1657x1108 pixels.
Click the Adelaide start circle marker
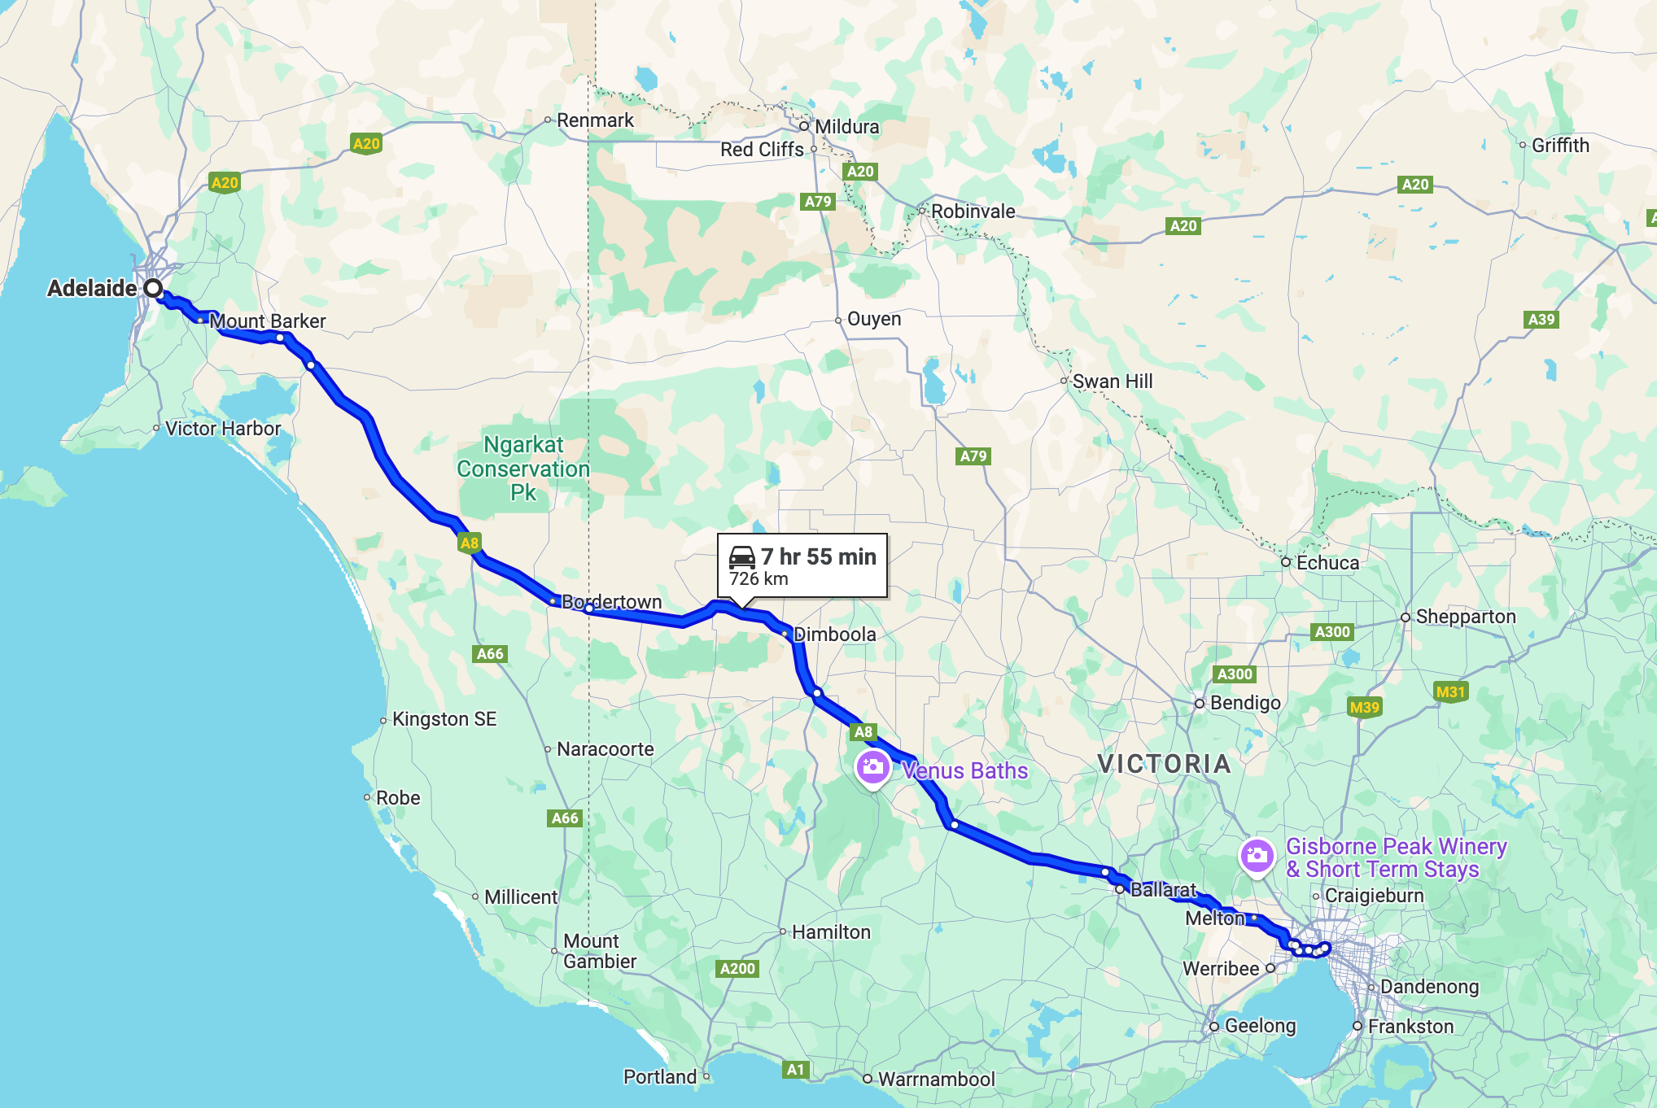pyautogui.click(x=153, y=289)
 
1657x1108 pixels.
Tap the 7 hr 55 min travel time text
pyautogui.click(x=818, y=556)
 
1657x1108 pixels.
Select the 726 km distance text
pyautogui.click(x=759, y=579)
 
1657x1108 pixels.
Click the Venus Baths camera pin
pyautogui.click(x=872, y=767)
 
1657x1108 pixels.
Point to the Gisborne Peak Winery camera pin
pyautogui.click(x=1257, y=855)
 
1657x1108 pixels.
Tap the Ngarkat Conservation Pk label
pyautogui.click(x=523, y=469)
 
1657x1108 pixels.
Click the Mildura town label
pyautogui.click(x=846, y=127)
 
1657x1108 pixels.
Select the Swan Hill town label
pyautogui.click(x=1112, y=382)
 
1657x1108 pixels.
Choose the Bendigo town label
pyautogui.click(x=1245, y=703)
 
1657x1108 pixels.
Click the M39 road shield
pyautogui.click(x=1365, y=707)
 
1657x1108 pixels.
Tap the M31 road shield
pyautogui.click(x=1450, y=692)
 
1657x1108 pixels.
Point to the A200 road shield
pyautogui.click(x=738, y=968)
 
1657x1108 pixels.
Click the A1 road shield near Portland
pyautogui.click(x=795, y=1070)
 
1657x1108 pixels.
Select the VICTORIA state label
pyautogui.click(x=1164, y=764)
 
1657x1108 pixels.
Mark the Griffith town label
pyautogui.click(x=1560, y=146)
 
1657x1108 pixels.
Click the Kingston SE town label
pyautogui.click(x=444, y=719)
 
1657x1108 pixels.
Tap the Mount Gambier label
pyautogui.click(x=600, y=951)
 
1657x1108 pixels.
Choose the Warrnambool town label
pyautogui.click(x=936, y=1080)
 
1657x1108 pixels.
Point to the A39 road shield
pyautogui.click(x=1541, y=320)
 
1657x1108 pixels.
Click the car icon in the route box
pyautogui.click(x=742, y=557)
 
